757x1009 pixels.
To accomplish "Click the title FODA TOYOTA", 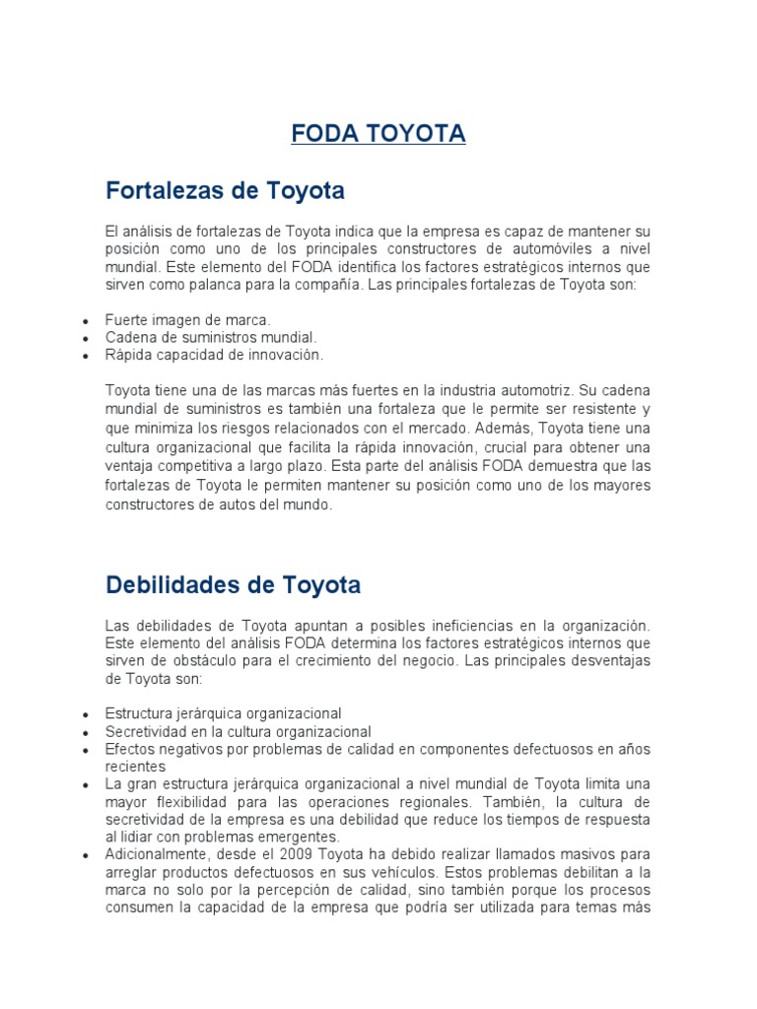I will coord(378,134).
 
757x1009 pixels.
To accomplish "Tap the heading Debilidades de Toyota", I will coord(233,585).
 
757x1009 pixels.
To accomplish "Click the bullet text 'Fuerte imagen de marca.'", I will coord(187,320).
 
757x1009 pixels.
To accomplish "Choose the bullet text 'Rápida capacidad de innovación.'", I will coord(214,354).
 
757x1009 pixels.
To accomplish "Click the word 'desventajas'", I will coord(575,659).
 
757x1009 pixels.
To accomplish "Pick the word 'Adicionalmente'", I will coord(157,852).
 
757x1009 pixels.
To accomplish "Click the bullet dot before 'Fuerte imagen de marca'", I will coord(87,321).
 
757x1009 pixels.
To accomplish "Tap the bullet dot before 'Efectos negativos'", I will coord(87,750).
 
